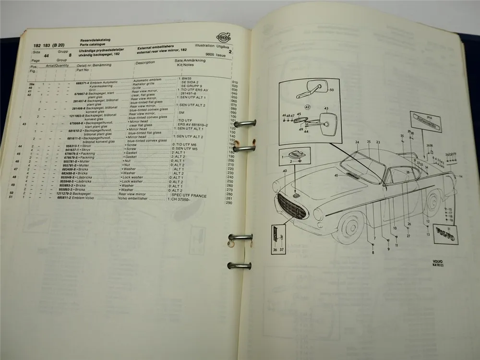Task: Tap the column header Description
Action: pyautogui.click(x=145, y=62)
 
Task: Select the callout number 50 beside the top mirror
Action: pyautogui.click(x=331, y=90)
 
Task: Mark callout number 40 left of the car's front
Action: pyautogui.click(x=285, y=171)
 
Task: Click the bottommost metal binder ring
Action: pyautogui.click(x=240, y=265)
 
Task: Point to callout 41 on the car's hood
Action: pyautogui.click(x=336, y=176)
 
